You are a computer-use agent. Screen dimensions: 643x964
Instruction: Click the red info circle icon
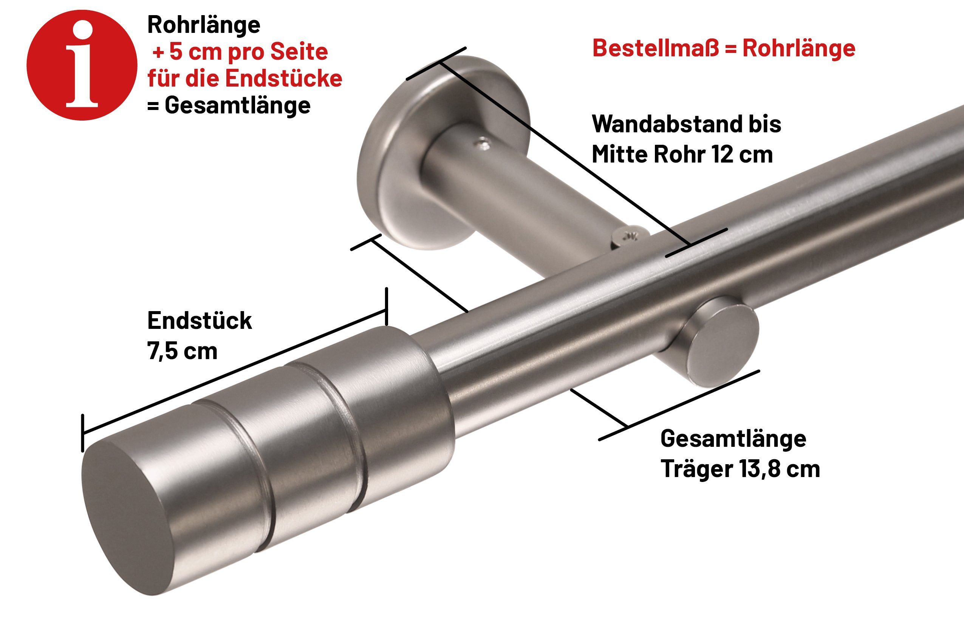coord(82,65)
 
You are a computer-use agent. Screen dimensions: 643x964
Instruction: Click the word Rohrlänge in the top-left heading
coord(204,25)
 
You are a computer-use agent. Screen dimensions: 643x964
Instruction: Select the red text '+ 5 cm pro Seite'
coord(240,52)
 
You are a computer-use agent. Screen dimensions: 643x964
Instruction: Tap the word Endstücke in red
coord(284,78)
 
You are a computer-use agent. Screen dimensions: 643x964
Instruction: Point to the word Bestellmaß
coord(656,48)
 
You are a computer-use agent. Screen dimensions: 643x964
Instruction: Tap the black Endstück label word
coord(200,321)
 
